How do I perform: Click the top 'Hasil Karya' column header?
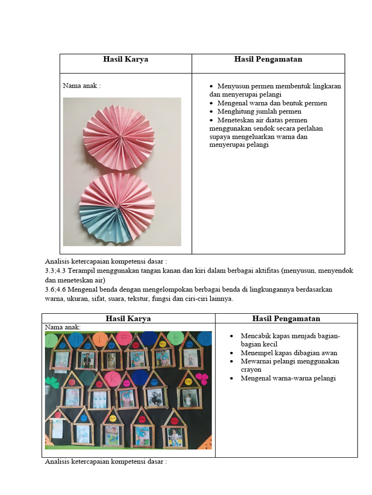click(x=125, y=59)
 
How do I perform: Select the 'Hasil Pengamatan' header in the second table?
click(x=286, y=319)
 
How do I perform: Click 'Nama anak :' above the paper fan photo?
click(x=82, y=86)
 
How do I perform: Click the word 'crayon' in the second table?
click(x=251, y=370)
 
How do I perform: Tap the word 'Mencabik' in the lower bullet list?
click(x=255, y=336)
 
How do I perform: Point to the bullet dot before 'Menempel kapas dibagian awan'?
click(x=232, y=353)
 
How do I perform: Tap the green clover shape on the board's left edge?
click(x=50, y=380)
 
